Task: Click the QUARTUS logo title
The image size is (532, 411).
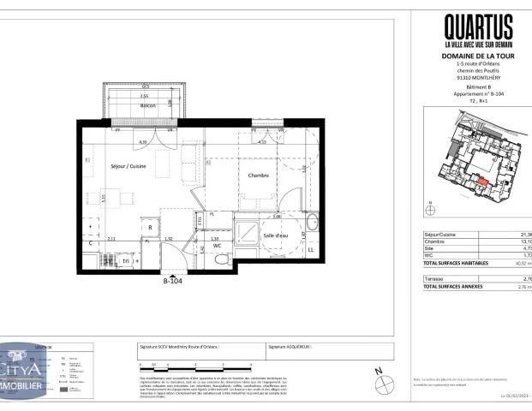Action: (x=478, y=28)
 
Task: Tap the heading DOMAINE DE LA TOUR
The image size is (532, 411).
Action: (x=478, y=57)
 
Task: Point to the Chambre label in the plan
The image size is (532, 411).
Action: (x=259, y=175)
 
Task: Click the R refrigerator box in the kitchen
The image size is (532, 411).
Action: (x=150, y=229)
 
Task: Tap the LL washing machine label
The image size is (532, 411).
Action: (x=309, y=249)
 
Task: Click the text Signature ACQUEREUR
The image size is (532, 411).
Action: (x=290, y=348)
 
